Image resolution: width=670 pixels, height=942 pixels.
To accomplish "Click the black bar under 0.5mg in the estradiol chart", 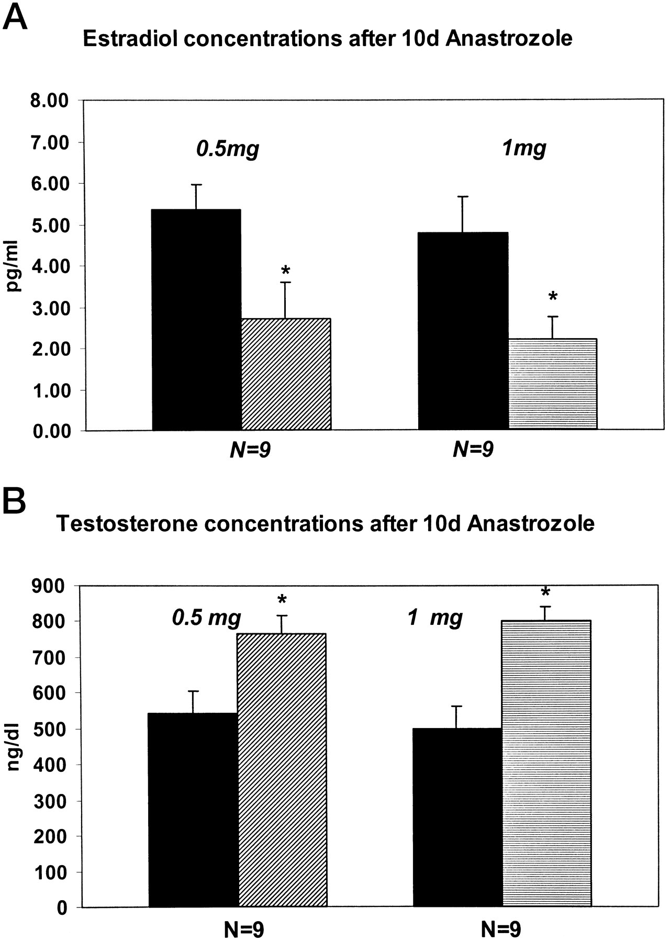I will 196,319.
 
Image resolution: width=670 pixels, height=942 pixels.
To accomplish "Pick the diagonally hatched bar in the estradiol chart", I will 286,374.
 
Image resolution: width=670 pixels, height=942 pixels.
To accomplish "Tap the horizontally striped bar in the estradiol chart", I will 553,384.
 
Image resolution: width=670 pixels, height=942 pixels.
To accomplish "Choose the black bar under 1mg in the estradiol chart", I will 463,331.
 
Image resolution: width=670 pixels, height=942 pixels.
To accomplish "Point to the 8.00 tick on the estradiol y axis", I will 51,100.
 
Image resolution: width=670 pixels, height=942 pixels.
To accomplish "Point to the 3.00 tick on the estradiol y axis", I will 51,308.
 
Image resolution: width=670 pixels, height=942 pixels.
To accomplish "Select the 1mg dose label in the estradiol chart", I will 524,149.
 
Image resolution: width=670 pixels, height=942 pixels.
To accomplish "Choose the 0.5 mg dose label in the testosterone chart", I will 207,618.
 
